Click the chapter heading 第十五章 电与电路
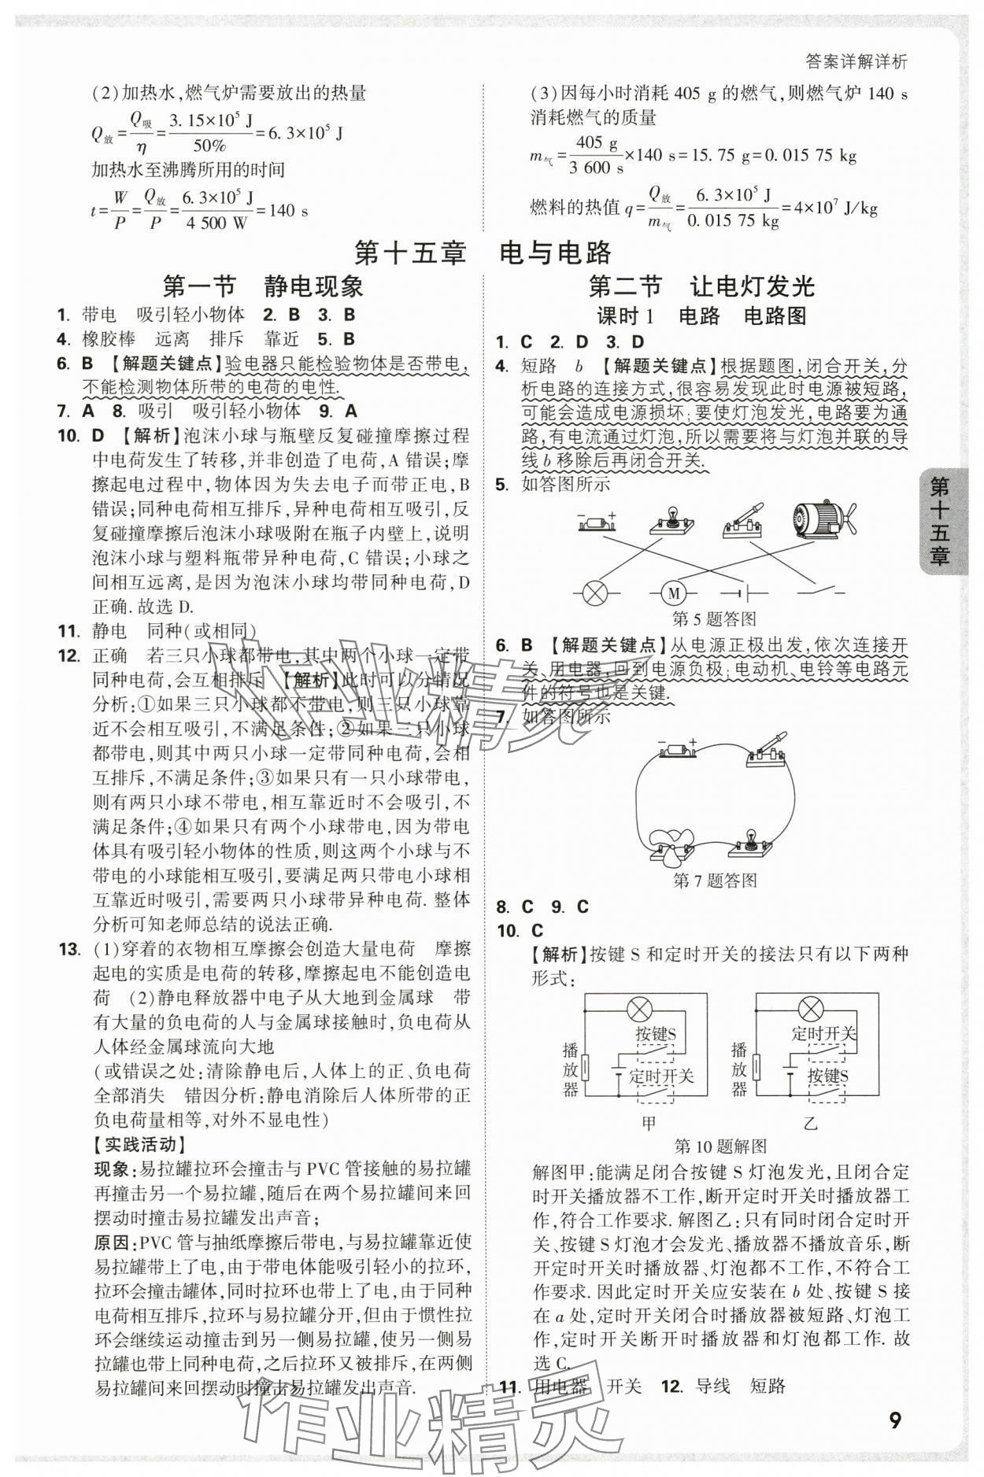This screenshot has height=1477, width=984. [483, 253]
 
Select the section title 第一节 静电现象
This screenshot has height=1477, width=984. [262, 286]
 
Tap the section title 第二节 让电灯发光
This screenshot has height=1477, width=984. [702, 286]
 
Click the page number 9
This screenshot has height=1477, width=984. [894, 1420]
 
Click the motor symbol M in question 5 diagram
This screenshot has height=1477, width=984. [673, 593]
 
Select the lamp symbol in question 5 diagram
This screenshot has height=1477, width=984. [596, 593]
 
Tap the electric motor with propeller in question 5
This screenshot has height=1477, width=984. [822, 520]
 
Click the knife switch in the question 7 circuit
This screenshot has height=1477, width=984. [768, 748]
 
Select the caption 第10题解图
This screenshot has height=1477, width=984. [720, 1146]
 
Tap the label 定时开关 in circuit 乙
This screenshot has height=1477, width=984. [823, 1034]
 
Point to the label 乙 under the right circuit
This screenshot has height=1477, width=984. [810, 1123]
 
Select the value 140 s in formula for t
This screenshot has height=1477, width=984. [288, 211]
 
